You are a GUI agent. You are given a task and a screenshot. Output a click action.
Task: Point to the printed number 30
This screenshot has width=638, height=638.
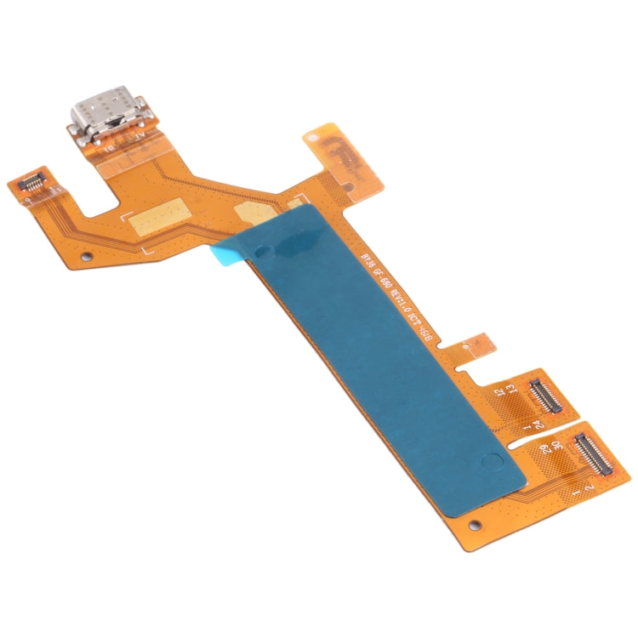coord(555,447)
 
